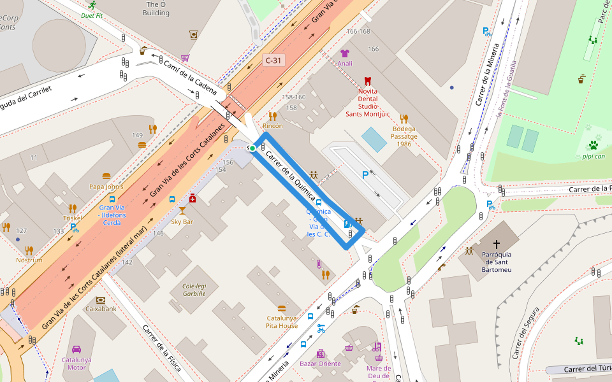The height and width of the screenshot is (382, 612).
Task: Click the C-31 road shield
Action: (273, 60)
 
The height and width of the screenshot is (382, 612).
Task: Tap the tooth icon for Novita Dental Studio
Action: (367, 81)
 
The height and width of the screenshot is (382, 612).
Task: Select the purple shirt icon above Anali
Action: (345, 53)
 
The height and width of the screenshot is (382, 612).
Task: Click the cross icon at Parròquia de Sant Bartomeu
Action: (497, 244)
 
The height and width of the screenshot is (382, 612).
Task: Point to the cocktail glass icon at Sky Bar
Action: (182, 210)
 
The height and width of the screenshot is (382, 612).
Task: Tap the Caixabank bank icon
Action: (101, 299)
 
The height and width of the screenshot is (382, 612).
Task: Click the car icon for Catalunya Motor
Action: (76, 350)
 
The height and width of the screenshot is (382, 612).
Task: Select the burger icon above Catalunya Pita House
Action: (282, 308)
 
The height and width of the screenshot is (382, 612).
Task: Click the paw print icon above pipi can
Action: (593, 145)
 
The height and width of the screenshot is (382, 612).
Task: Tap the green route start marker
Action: (252, 148)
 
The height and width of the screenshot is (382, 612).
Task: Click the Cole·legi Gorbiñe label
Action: (194, 290)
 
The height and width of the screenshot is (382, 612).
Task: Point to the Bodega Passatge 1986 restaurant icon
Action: (404, 118)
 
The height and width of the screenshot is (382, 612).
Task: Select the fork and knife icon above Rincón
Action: (273, 116)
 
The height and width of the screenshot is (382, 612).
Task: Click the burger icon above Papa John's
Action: (106, 176)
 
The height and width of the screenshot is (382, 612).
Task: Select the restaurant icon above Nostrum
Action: (29, 250)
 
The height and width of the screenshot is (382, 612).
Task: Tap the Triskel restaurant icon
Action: (72, 208)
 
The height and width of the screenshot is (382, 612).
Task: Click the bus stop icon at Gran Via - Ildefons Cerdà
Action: (112, 199)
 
